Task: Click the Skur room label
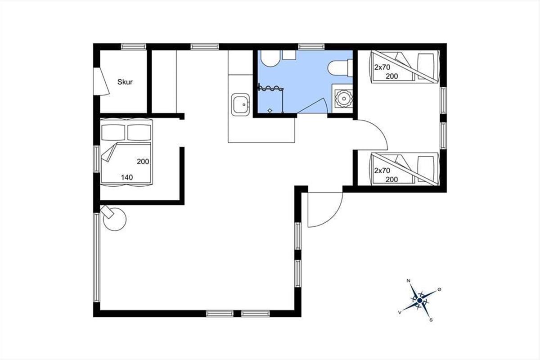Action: (125, 82)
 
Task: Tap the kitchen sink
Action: (240, 104)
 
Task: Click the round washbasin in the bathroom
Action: (343, 99)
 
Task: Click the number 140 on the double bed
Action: (127, 177)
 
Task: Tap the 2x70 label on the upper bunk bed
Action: (382, 67)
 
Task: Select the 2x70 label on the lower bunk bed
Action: (382, 171)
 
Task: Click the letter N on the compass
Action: (409, 281)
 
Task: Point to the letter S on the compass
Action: (431, 320)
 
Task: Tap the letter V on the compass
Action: (400, 312)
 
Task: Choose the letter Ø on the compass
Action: (440, 289)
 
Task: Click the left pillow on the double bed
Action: (113, 132)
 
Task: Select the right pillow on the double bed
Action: (139, 132)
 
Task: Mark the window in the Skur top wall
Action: (133, 46)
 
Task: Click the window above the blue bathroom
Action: (311, 46)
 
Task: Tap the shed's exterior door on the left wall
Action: (101, 81)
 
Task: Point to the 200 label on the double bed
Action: (143, 162)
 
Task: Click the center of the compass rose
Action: (420, 301)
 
